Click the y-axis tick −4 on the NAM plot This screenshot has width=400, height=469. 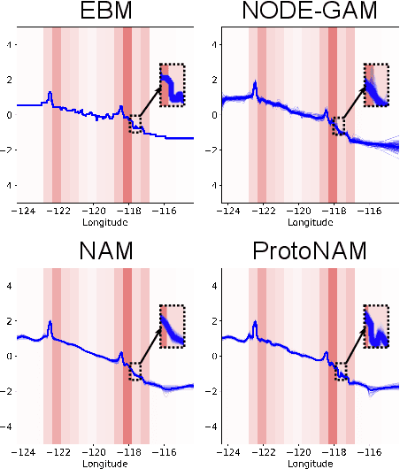(x=8, y=426)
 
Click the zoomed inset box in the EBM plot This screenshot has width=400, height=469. (x=172, y=85)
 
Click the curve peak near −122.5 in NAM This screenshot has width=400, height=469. (x=50, y=323)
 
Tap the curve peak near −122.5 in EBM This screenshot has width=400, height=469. (x=50, y=93)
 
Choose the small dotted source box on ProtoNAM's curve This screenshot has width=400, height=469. (x=341, y=372)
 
